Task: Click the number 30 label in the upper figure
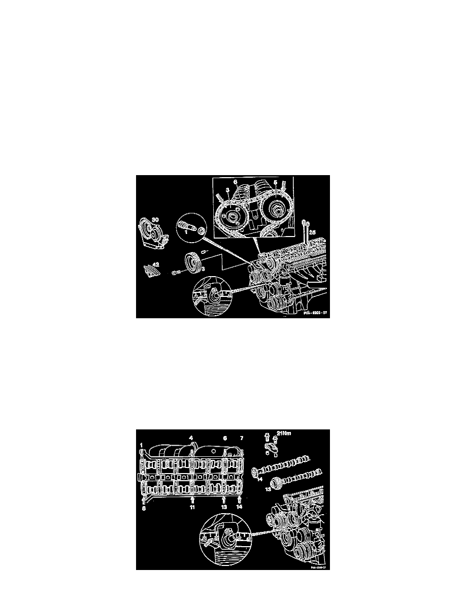[155, 219]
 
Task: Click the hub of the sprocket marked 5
[277, 210]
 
